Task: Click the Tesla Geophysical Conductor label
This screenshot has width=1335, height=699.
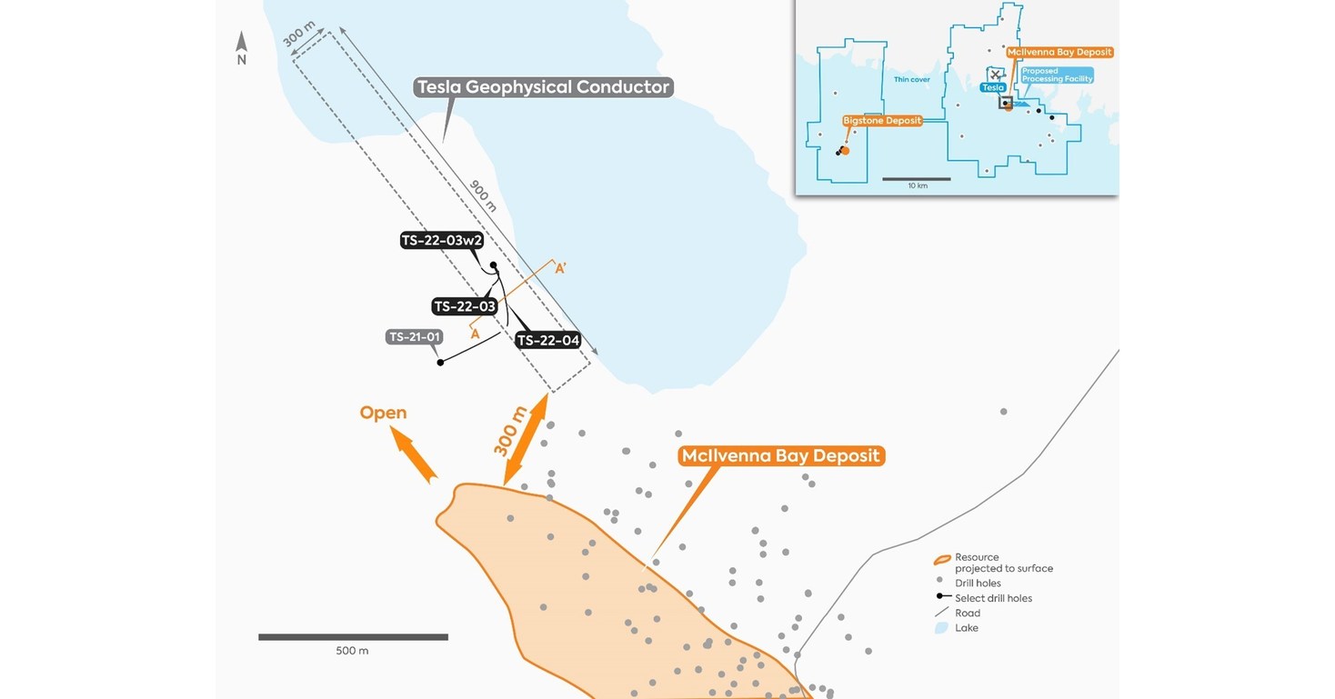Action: [543, 88]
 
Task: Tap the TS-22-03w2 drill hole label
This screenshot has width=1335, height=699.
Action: [442, 241]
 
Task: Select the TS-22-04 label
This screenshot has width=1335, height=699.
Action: [548, 341]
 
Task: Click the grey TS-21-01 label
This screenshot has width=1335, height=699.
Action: [415, 337]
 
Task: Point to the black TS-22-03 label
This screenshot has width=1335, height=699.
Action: [465, 307]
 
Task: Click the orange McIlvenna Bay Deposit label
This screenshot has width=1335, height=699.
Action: [781, 455]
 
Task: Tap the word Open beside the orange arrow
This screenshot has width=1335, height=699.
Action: [383, 413]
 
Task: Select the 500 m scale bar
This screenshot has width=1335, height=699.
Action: [353, 637]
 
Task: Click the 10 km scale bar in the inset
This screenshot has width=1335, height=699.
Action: [916, 179]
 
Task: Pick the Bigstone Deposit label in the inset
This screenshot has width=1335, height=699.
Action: [882, 121]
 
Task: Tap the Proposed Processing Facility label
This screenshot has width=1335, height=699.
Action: [1056, 75]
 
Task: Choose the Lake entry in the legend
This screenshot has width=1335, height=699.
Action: [966, 628]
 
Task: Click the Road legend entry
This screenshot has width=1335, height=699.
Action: [967, 614]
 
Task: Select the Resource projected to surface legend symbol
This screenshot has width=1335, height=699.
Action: [943, 560]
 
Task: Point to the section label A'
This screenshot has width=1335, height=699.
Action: [561, 268]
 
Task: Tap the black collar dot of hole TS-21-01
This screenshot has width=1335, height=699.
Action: [441, 363]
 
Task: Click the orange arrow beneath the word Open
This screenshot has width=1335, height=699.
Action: [414, 454]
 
